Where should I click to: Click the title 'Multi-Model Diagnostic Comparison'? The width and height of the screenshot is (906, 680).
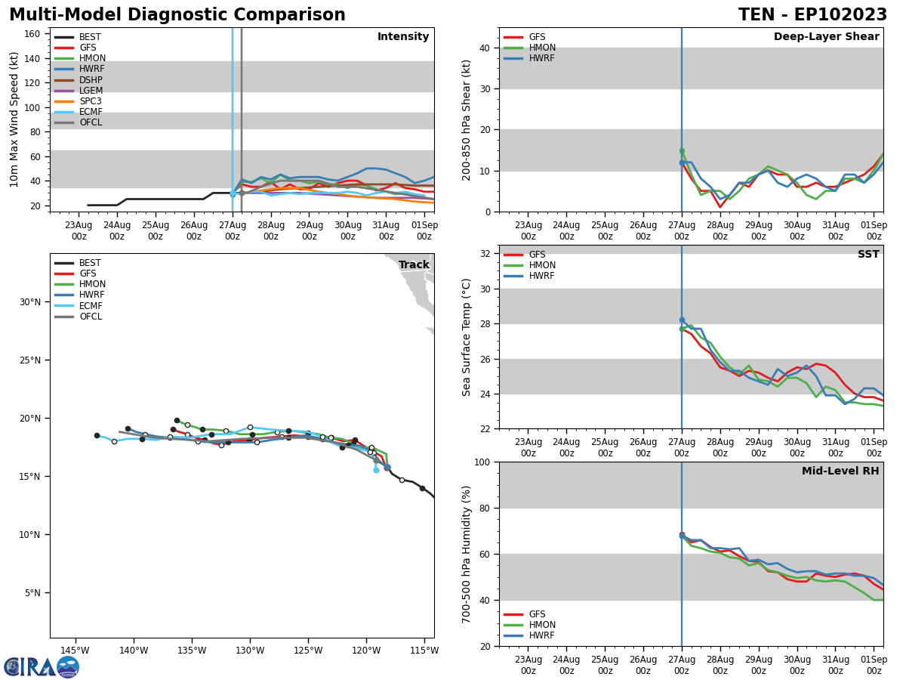point(177,15)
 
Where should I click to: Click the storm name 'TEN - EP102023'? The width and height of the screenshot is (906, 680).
point(812,15)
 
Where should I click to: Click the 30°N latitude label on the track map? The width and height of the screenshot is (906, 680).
point(29,302)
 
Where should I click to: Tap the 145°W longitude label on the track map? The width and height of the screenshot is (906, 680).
point(75,651)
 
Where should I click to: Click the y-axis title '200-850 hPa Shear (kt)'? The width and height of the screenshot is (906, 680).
point(467,119)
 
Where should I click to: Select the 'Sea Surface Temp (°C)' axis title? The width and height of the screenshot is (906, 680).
point(467,337)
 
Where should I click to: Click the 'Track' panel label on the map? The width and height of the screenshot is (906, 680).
point(414,264)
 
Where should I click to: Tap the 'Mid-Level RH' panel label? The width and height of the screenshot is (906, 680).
point(840,471)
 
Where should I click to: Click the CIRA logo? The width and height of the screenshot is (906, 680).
point(42,666)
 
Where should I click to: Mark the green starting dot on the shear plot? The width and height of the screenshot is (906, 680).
point(682,151)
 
